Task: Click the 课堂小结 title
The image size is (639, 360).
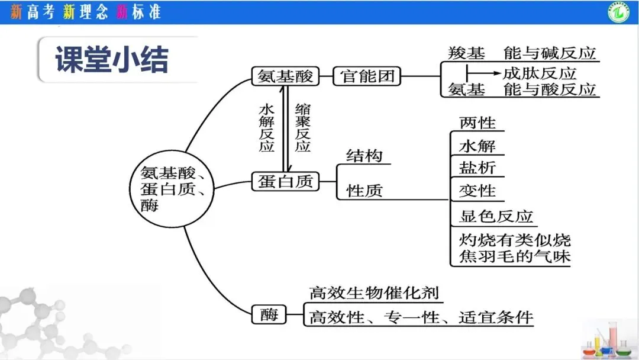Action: (x=112, y=60)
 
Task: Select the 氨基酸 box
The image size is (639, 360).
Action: (x=285, y=76)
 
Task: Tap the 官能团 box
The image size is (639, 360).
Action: (x=367, y=76)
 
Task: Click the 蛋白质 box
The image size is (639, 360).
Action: (x=285, y=181)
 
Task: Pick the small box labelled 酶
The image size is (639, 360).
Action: (x=269, y=314)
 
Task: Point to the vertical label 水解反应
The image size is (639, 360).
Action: (x=266, y=128)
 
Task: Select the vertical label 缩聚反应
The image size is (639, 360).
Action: (x=303, y=128)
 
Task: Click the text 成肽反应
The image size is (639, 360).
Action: (x=540, y=73)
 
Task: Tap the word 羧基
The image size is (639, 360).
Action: (x=467, y=53)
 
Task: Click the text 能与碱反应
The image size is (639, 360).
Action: (x=550, y=53)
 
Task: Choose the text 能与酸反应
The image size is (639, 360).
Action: (x=550, y=89)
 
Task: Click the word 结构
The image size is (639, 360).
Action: (x=364, y=156)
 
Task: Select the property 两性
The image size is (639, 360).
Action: (x=477, y=123)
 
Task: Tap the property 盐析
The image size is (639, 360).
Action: (x=477, y=168)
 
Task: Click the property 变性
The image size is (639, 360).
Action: (x=477, y=191)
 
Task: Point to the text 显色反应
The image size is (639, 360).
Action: (x=496, y=217)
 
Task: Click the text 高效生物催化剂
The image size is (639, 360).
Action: (x=374, y=293)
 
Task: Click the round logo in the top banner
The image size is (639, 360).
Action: (x=619, y=12)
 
